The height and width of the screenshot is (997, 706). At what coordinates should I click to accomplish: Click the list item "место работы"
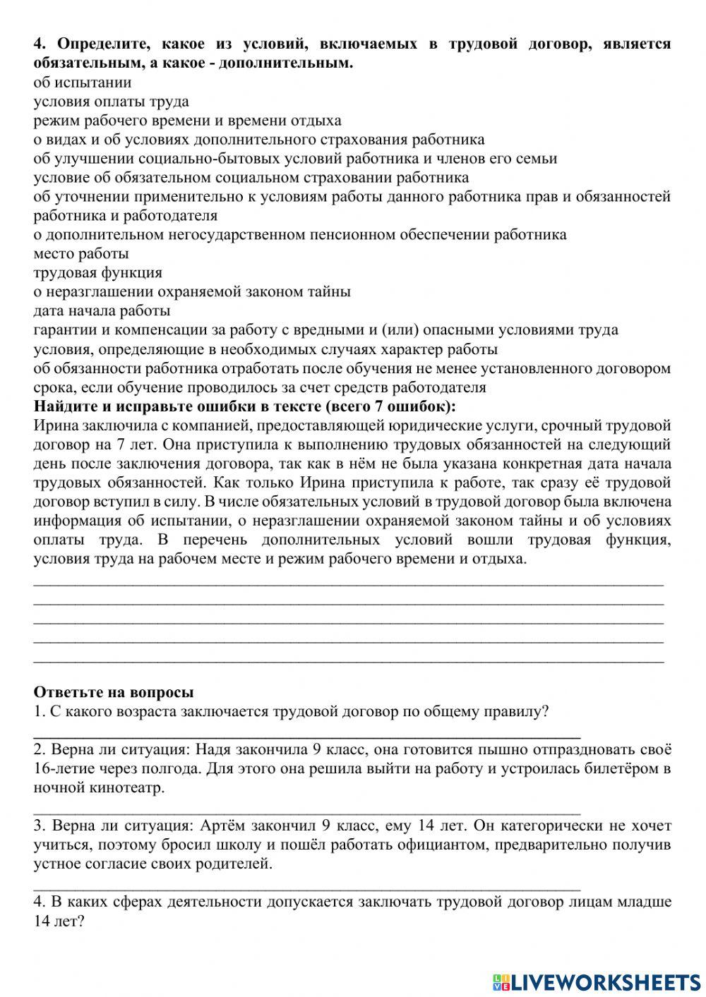click(x=81, y=254)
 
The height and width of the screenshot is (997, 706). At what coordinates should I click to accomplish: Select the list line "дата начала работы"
click(x=102, y=311)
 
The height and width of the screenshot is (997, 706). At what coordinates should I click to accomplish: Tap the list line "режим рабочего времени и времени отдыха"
click(x=187, y=121)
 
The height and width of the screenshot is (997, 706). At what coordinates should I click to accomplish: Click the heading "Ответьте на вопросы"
click(x=114, y=692)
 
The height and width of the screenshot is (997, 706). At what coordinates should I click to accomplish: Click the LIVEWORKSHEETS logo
click(x=596, y=981)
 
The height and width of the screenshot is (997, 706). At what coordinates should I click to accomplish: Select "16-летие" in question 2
click(x=62, y=768)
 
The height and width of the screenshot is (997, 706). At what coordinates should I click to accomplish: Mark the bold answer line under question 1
click(x=307, y=734)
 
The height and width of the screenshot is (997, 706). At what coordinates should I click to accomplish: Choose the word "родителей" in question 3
click(x=237, y=864)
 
